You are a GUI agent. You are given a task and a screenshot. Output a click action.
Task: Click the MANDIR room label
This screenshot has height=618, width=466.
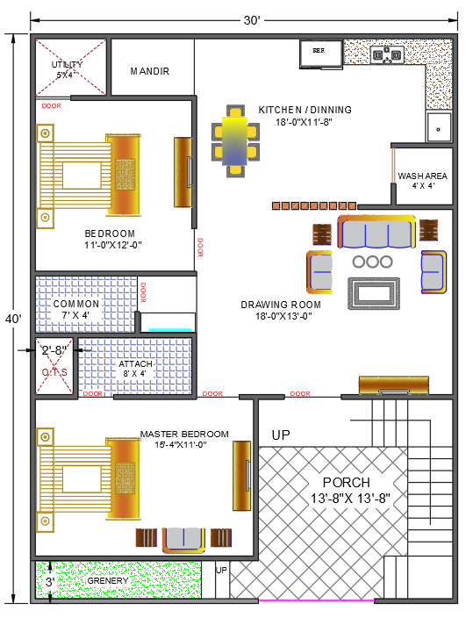[149, 71]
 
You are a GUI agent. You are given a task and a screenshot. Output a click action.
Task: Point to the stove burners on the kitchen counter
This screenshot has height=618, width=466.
[386, 55]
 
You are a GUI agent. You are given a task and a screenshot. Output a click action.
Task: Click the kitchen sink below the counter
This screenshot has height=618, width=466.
[438, 126]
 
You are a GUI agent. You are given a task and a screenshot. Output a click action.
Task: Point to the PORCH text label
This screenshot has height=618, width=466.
[346, 483]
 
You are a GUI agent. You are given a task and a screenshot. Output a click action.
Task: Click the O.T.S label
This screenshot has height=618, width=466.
[54, 372]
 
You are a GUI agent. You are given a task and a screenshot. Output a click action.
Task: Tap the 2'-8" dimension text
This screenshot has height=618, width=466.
[54, 351]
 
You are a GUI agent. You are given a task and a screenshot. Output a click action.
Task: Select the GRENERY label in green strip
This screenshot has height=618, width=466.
[109, 580]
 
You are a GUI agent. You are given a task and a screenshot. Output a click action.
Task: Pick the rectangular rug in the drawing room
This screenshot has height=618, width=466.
[374, 292]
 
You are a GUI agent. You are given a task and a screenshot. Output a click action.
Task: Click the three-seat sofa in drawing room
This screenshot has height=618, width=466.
[375, 234]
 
